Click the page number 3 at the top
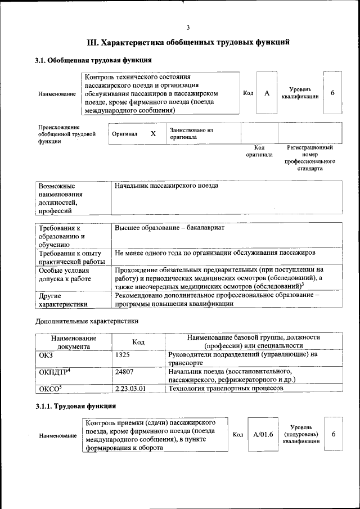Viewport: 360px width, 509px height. pyautogui.click(x=188, y=28)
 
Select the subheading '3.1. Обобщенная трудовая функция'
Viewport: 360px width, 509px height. pyautogui.click(x=93, y=60)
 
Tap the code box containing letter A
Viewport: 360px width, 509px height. pyautogui.click(x=267, y=93)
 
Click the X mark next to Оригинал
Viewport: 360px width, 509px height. pyautogui.click(x=153, y=134)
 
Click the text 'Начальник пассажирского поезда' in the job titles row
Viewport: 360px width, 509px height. pyautogui.click(x=166, y=186)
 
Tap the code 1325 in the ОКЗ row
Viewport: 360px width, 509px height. pyautogui.click(x=123, y=355)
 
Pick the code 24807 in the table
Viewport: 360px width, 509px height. pyautogui.click(x=125, y=371)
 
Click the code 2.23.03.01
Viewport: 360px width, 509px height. pyautogui.click(x=130, y=388)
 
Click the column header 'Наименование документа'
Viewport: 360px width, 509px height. pyautogui.click(x=74, y=342)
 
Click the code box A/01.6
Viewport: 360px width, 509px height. pyautogui.click(x=263, y=435)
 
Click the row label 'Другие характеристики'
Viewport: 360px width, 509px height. pyautogui.click(x=62, y=299)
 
